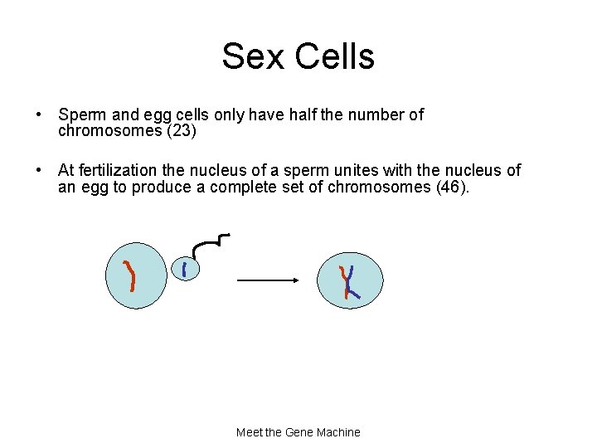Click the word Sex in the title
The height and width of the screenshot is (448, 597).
click(x=248, y=56)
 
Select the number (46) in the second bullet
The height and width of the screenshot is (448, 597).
click(x=451, y=187)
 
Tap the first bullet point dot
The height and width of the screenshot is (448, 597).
click(x=39, y=115)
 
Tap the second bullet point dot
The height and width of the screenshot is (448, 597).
click(x=39, y=171)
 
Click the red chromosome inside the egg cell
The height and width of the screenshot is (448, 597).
click(x=130, y=275)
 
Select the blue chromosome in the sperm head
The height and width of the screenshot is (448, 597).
click(x=184, y=268)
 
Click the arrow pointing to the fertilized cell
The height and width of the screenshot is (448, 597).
click(x=267, y=280)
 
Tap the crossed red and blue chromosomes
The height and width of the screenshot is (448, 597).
click(x=349, y=280)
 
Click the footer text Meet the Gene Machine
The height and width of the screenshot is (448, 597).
click(x=298, y=432)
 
